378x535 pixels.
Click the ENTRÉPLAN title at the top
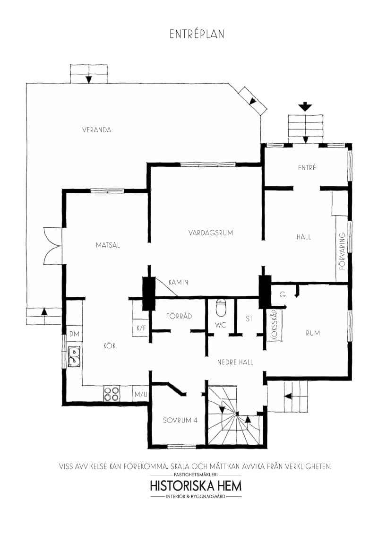coord(197,35)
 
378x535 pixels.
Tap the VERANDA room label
coord(96,130)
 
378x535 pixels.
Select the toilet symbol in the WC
coord(221,308)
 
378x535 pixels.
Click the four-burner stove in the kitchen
coord(112,394)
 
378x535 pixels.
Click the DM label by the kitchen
coord(74,334)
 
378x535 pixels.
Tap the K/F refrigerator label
coord(140,328)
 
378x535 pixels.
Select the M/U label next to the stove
coord(141,394)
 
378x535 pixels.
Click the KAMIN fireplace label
coord(179,282)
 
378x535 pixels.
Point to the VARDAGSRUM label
coord(211,233)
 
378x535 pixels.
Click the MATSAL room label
coord(108,245)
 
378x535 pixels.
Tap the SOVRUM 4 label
coord(180,420)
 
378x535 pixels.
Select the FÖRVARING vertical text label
coord(343,251)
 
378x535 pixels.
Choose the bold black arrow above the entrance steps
coord(305,106)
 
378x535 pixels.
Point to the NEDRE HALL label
coord(235,362)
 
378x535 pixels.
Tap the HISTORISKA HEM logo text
coord(196,486)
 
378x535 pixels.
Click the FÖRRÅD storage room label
coord(179,316)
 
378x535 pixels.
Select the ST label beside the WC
coord(249,319)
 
